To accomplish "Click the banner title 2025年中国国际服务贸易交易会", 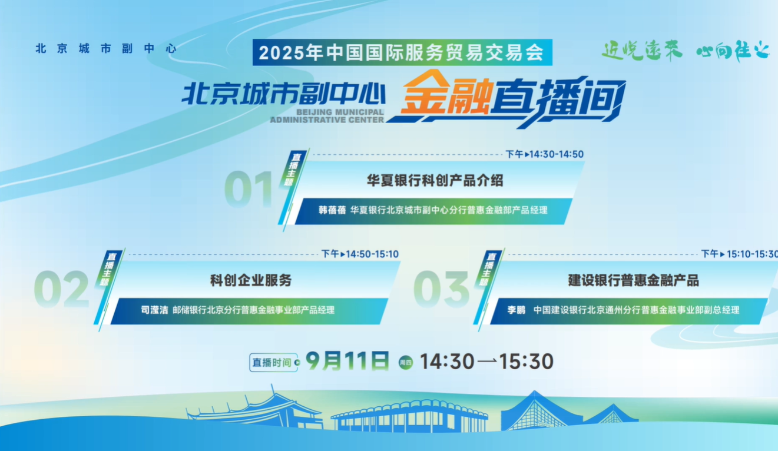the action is coord(401,53).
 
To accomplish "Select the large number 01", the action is coord(249,189).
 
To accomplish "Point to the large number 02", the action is coord(62,289).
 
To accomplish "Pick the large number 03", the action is coord(442,289).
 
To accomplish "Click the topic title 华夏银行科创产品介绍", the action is coord(435,181).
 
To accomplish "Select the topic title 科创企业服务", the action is coord(251,280).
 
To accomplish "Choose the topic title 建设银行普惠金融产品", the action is coord(634,280).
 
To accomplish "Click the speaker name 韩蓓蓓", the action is coord(332,210).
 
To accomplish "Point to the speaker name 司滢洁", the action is coord(154,310).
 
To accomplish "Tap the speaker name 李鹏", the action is coord(517,310).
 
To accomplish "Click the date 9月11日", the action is coord(347,361).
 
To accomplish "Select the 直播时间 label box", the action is coord(273,363).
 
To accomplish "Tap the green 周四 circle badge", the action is coord(406,363).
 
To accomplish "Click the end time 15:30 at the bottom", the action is coord(527,362).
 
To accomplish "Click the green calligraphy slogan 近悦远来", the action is coord(642,51).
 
